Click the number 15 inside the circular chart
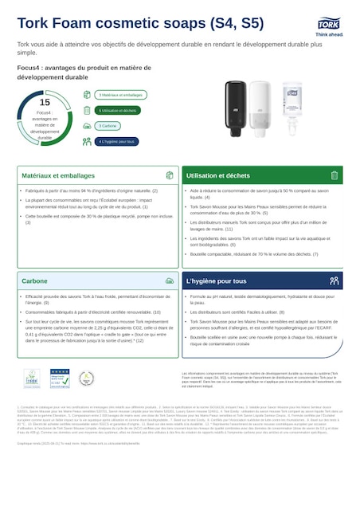coord(45,103)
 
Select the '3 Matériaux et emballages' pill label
coord(116,95)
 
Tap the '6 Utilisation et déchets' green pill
coord(118,110)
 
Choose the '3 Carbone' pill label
coord(108,126)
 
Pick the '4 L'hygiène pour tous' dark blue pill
coord(116,141)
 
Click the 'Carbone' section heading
coord(34,281)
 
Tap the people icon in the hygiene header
coord(334,281)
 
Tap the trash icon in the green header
coord(334,175)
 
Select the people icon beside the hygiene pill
coord(88,141)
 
